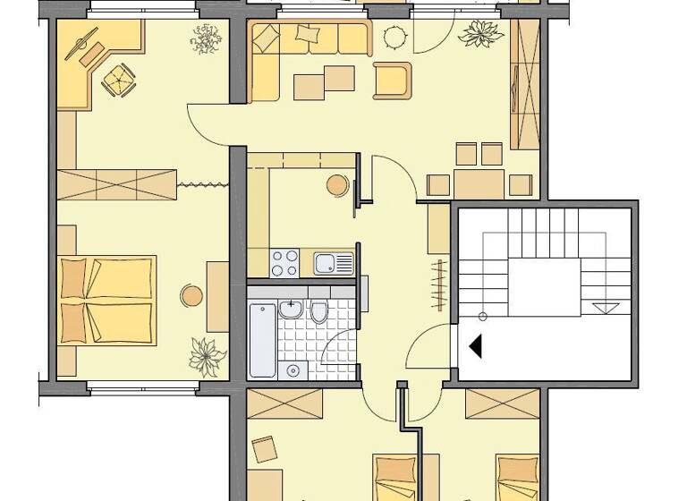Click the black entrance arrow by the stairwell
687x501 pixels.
point(476,345)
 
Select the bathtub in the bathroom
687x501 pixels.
point(262,339)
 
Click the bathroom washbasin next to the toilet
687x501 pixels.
point(289,310)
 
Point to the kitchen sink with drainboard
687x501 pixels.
point(333,263)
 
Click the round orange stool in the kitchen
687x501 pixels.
point(336,185)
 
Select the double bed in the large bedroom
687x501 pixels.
point(106,300)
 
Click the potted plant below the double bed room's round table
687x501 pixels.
point(208,356)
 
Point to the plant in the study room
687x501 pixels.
point(205,39)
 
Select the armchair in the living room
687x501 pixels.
point(393,81)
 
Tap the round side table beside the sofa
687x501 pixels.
point(394,38)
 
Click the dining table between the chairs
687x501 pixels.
point(479,183)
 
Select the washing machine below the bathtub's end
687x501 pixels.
point(292,370)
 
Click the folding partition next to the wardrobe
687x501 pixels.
point(202,184)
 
